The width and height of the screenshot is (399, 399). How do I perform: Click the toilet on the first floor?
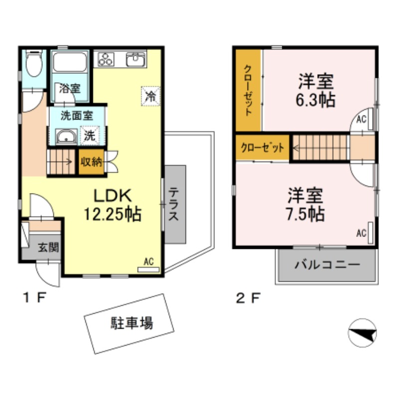pos(34,64)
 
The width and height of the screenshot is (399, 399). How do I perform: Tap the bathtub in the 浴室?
pos(70,63)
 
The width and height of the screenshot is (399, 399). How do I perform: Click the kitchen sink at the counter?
pos(135,60)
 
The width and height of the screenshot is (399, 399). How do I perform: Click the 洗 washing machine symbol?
pos(89,135)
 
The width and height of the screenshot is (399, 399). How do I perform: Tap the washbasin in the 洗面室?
pos(65,136)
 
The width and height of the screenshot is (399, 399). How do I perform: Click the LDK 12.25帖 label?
pos(112,205)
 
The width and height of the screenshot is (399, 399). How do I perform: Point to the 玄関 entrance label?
pos(47,246)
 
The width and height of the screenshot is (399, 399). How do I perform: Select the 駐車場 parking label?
pos(131,323)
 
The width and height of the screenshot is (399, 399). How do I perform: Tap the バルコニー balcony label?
pos(327,264)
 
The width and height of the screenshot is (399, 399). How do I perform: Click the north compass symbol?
pos(363,333)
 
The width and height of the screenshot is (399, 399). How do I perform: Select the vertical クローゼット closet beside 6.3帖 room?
pos(248,90)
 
